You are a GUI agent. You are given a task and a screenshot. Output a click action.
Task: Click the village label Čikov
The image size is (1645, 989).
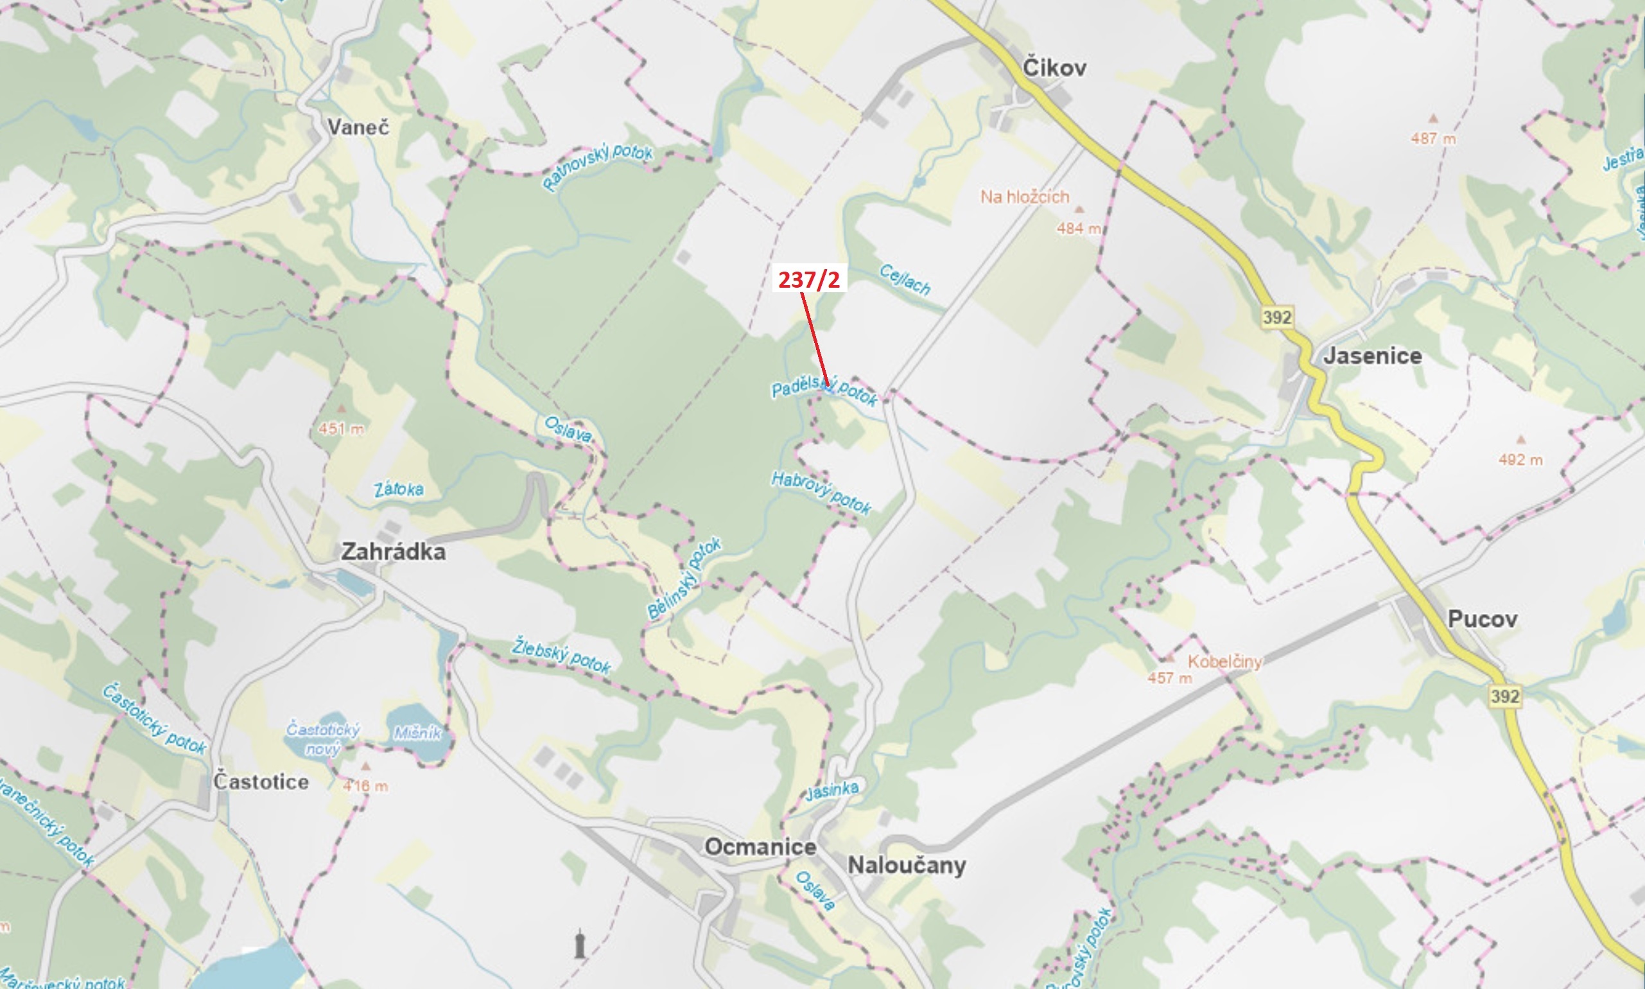[1054, 68]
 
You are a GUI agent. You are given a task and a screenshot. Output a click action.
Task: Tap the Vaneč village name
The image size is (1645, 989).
[358, 127]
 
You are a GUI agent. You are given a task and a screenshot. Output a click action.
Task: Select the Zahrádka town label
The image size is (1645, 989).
[393, 552]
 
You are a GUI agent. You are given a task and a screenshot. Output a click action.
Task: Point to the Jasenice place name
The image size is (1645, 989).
[1373, 356]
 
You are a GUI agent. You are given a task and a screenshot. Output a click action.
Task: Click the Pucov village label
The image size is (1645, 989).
[1483, 619]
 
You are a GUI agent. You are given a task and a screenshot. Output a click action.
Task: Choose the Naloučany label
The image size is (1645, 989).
[906, 866]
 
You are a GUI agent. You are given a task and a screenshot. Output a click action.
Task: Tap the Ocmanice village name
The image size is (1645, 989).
[760, 847]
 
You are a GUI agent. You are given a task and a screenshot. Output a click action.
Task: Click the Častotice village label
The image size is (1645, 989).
[261, 782]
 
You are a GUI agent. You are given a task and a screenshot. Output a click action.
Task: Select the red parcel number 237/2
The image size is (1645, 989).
[809, 279]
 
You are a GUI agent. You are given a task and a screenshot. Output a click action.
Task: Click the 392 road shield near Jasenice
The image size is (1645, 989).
[1276, 317]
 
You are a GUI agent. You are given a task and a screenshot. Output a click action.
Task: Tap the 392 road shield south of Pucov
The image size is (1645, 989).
[1504, 697]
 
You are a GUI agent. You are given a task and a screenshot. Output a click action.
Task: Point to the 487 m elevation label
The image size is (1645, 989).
[1432, 139]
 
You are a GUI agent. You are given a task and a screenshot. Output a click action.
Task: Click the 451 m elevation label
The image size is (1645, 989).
[341, 428]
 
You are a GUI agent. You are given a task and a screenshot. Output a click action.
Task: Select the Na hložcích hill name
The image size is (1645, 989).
[1025, 197]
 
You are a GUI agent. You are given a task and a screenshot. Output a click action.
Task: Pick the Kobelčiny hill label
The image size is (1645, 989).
[1224, 661]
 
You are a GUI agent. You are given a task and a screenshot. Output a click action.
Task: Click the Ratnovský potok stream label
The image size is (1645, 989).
[598, 166]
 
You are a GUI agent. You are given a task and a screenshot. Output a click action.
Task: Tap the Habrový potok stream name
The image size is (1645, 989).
[821, 493]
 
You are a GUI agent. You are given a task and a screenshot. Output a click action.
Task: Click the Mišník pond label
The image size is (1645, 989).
[417, 733]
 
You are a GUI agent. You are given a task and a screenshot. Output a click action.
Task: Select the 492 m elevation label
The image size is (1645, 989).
[1520, 460]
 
